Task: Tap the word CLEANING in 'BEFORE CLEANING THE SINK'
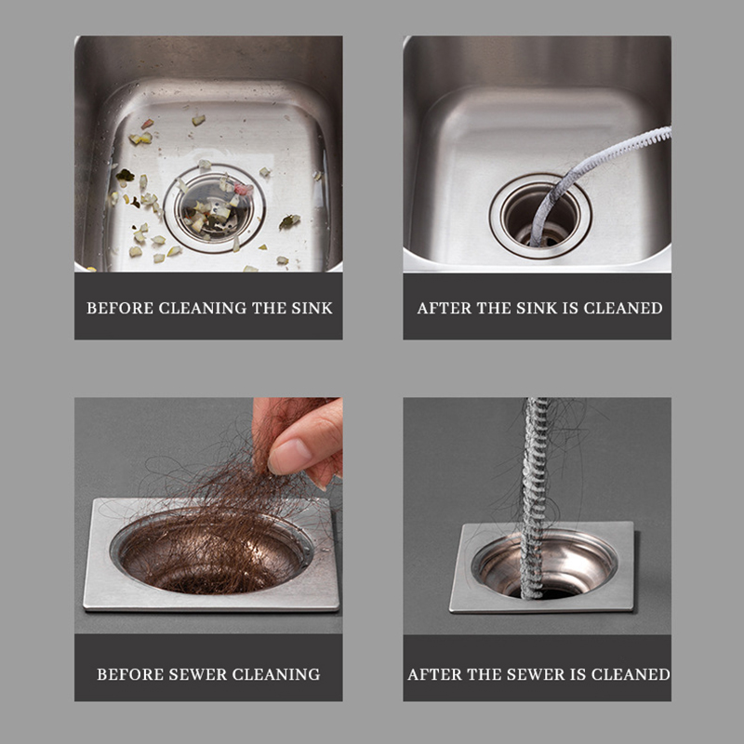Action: click(x=203, y=308)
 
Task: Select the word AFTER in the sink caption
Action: click(x=445, y=308)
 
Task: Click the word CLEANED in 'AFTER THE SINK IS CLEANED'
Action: click(x=622, y=308)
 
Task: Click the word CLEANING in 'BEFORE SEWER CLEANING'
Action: click(x=276, y=674)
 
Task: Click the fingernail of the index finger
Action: click(x=288, y=456)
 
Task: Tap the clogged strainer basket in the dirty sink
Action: click(x=215, y=207)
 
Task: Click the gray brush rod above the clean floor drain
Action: click(x=534, y=498)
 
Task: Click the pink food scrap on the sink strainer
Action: click(x=244, y=190)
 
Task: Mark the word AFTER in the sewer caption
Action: click(x=434, y=674)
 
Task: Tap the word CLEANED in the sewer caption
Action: click(x=631, y=674)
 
